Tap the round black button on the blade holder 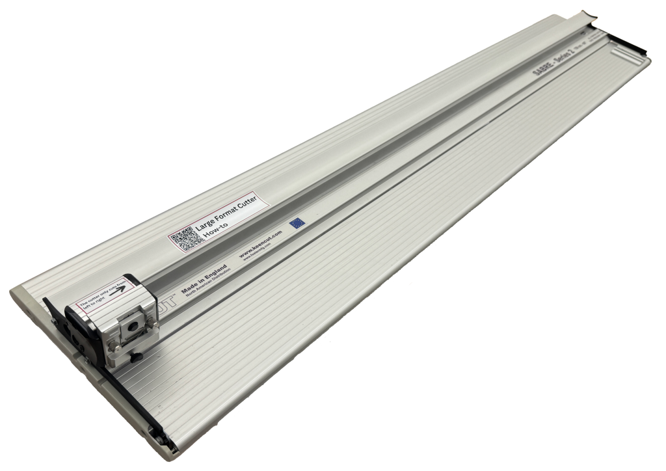(x=133, y=323)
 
